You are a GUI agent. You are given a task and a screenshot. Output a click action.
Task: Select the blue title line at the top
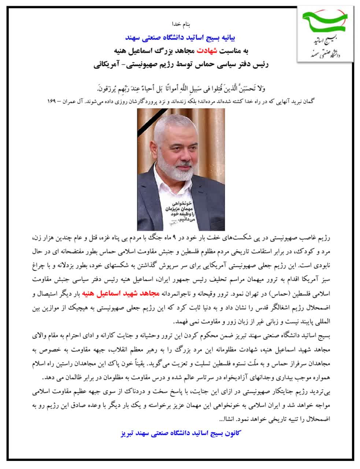181,37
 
